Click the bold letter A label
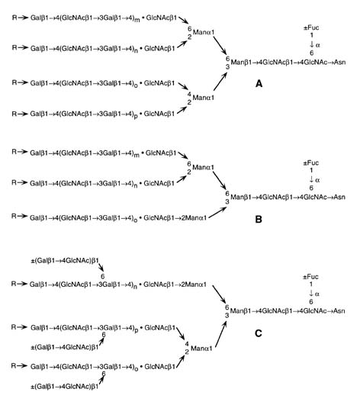[x=259, y=84]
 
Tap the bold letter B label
[x=259, y=219]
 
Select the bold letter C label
[x=259, y=333]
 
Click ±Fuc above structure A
[x=311, y=27]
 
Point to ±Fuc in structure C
[x=310, y=277]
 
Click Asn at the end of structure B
[x=339, y=197]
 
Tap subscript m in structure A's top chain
[x=137, y=20]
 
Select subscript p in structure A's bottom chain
[x=136, y=116]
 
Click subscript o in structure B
[x=136, y=220]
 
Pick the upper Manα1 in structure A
[x=204, y=32]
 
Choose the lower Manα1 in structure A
[x=204, y=98]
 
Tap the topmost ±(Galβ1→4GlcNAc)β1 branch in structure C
[x=65, y=261]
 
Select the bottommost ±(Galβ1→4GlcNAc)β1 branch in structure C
[x=65, y=387]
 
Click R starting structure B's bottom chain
[x=14, y=216]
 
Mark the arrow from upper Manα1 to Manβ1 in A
[x=220, y=45]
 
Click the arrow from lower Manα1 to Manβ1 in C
[x=220, y=334]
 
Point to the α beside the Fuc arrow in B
[x=317, y=180]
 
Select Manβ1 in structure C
[x=241, y=311]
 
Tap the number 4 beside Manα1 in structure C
[x=187, y=344]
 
